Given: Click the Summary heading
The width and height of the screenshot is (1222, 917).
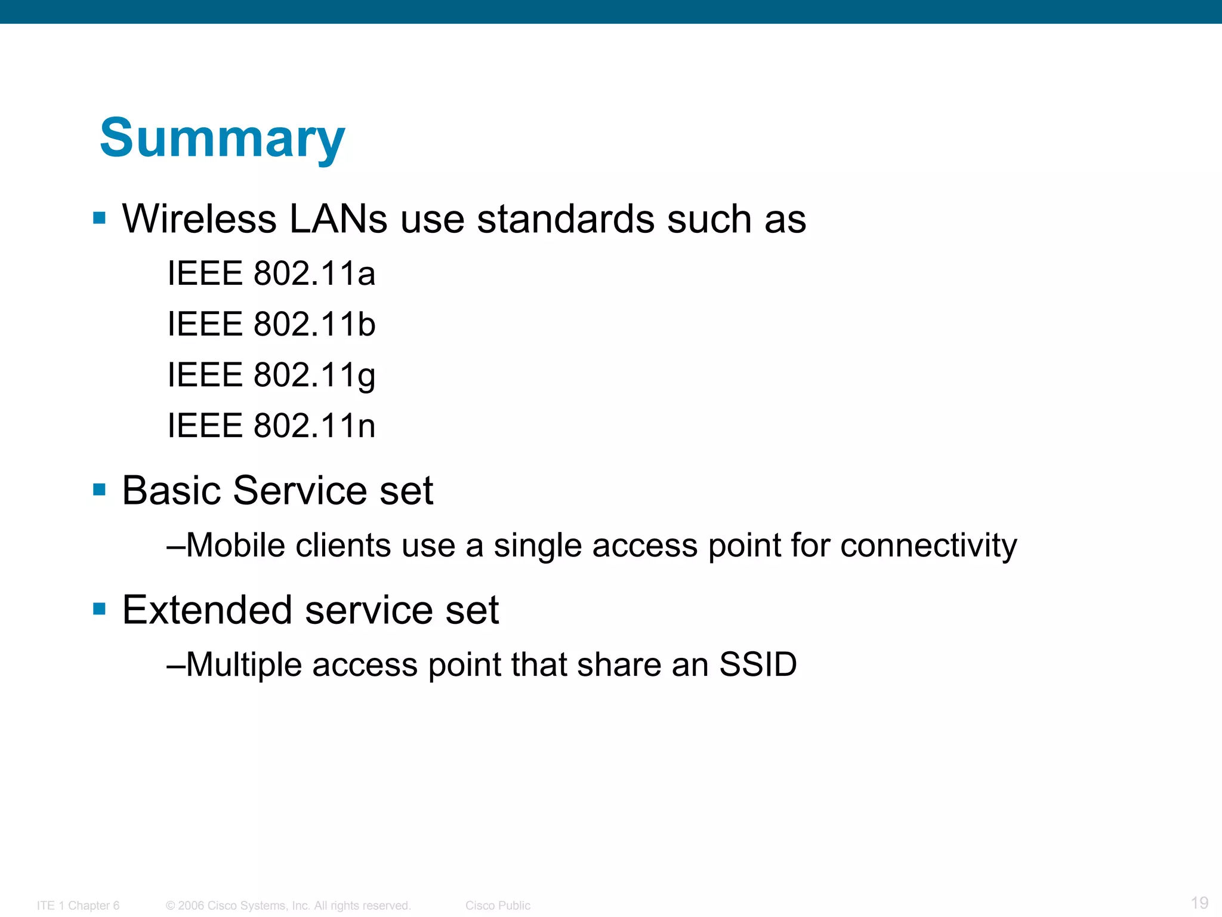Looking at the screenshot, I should pyautogui.click(x=222, y=139).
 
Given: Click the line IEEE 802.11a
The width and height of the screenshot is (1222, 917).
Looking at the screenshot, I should pyautogui.click(x=271, y=273).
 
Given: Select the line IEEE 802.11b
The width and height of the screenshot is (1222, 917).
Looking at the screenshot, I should pyautogui.click(x=271, y=324).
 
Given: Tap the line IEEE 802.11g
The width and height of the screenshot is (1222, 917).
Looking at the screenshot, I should pyautogui.click(x=271, y=375).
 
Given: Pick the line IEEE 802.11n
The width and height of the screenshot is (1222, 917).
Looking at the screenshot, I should pyautogui.click(x=271, y=426).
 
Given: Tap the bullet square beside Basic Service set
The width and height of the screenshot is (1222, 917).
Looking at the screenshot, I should pyautogui.click(x=100, y=490).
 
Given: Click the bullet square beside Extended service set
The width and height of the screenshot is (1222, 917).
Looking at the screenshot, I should pyautogui.click(x=100, y=610).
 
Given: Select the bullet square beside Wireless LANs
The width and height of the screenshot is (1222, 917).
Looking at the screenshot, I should pyautogui.click(x=100, y=218).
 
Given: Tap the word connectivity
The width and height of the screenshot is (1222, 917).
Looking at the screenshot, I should pyautogui.click(x=928, y=545).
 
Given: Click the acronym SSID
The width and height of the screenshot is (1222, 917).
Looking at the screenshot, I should pyautogui.click(x=758, y=664).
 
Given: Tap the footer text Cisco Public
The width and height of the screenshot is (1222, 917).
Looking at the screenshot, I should pyautogui.click(x=498, y=906).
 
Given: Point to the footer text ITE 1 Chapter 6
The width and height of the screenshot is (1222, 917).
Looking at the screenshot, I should pyautogui.click(x=78, y=906).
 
